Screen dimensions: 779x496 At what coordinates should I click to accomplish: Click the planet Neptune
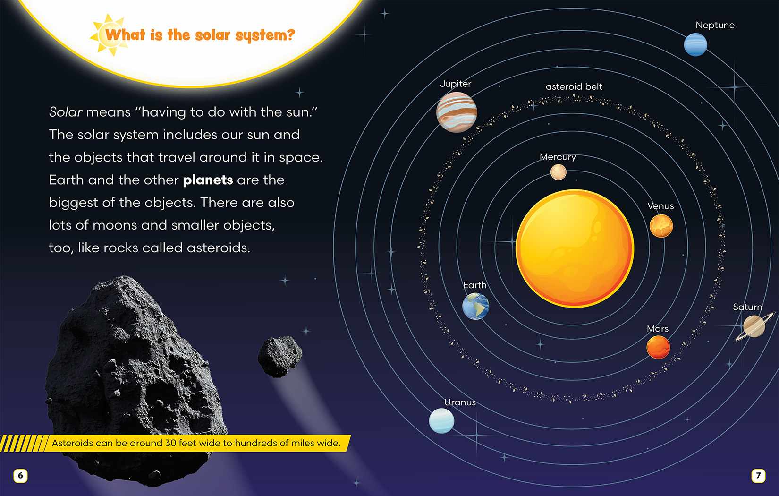pyautogui.click(x=695, y=44)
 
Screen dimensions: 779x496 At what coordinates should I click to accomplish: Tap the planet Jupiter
pyautogui.click(x=457, y=112)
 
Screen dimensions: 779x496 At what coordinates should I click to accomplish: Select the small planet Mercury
pyautogui.click(x=558, y=172)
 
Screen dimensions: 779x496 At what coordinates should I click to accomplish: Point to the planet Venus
pyautogui.click(x=661, y=226)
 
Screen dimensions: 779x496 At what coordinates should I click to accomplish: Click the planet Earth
pyautogui.click(x=475, y=306)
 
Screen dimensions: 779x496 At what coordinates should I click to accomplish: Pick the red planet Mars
pyautogui.click(x=658, y=347)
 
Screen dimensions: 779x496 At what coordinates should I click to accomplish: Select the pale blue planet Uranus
pyautogui.click(x=441, y=421)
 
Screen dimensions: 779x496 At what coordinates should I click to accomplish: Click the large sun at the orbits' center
pyautogui.click(x=575, y=248)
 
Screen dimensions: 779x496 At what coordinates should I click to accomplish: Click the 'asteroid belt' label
pyautogui.click(x=574, y=86)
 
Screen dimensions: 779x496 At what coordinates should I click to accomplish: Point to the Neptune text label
pyautogui.click(x=715, y=25)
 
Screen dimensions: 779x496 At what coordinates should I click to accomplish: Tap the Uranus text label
pyautogui.click(x=460, y=402)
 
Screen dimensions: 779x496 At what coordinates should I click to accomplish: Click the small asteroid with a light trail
pyautogui.click(x=280, y=357)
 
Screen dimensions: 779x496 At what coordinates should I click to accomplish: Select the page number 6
pyautogui.click(x=20, y=476)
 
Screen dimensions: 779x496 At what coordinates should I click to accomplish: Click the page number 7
pyautogui.click(x=758, y=476)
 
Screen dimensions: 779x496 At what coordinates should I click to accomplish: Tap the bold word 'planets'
pyautogui.click(x=208, y=180)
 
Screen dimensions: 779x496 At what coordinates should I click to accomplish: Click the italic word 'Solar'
pyautogui.click(x=65, y=112)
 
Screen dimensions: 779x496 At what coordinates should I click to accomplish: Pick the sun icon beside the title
pyautogui.click(x=109, y=35)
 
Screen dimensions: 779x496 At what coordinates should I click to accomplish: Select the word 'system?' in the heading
pyautogui.click(x=265, y=35)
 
